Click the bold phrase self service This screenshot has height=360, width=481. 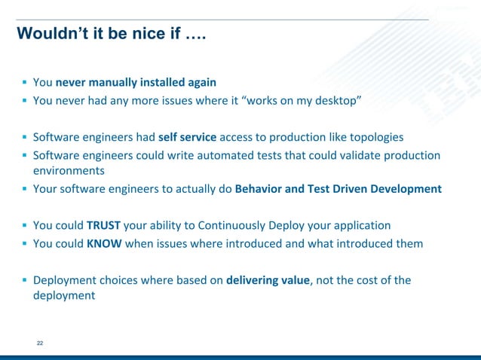[x=188, y=137]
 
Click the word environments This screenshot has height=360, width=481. [x=68, y=171]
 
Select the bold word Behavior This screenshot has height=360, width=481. [x=260, y=188]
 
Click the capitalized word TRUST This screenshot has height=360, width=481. [x=103, y=225]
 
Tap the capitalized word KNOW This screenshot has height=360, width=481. [x=103, y=243]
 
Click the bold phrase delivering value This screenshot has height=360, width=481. [x=268, y=280]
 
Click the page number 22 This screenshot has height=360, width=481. [x=40, y=343]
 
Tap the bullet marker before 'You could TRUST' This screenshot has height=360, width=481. [x=24, y=225]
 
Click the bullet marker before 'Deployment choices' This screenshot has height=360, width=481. [x=24, y=280]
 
